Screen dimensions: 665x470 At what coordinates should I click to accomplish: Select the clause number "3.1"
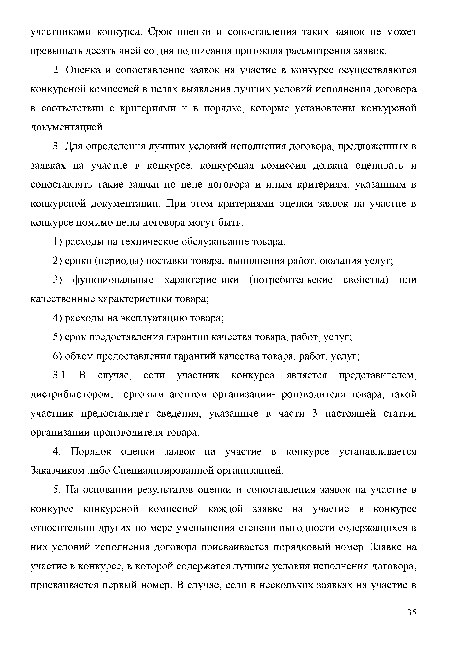60,375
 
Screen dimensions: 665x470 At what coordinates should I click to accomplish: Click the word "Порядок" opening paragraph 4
91,451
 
